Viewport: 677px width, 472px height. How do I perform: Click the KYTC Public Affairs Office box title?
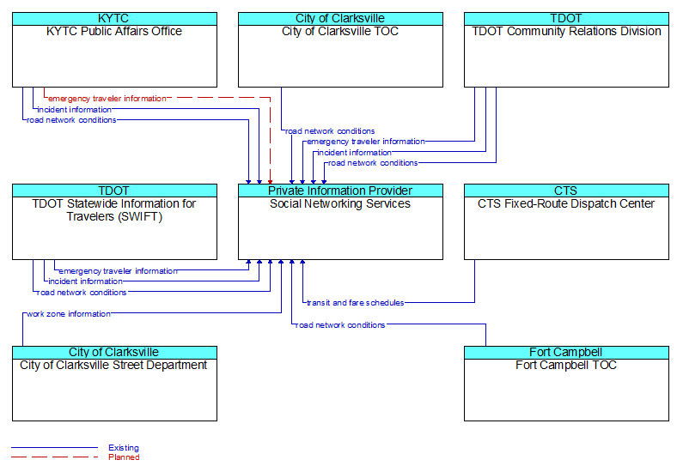tap(114, 32)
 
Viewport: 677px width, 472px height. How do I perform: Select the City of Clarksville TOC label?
tap(340, 32)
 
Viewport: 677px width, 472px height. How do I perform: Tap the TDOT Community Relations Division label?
tap(566, 32)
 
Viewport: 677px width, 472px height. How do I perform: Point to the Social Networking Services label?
tap(340, 203)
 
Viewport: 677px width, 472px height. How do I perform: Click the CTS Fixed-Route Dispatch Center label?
tap(566, 203)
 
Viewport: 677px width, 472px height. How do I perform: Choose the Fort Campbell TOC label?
tap(566, 365)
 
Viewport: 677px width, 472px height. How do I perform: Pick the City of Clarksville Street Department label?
tap(113, 365)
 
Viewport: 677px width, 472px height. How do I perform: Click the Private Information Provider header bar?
tap(341, 191)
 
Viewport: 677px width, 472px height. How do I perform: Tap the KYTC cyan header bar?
tap(114, 19)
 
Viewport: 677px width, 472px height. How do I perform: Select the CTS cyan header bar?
tap(566, 191)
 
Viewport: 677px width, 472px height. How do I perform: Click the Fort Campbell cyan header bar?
tap(566, 353)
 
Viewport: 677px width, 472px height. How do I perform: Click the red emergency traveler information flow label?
tap(107, 99)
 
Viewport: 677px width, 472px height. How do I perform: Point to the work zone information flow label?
tap(69, 313)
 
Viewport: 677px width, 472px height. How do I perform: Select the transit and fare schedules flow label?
tap(356, 303)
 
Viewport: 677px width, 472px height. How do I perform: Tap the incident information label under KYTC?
tap(74, 110)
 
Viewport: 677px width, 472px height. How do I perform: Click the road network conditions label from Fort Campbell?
tap(340, 325)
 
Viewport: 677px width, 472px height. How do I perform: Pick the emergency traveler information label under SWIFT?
tap(118, 271)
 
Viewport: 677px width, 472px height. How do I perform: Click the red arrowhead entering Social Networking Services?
tap(271, 182)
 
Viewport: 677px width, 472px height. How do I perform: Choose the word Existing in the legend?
tap(124, 448)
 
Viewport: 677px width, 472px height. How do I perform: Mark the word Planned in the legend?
tap(124, 457)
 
